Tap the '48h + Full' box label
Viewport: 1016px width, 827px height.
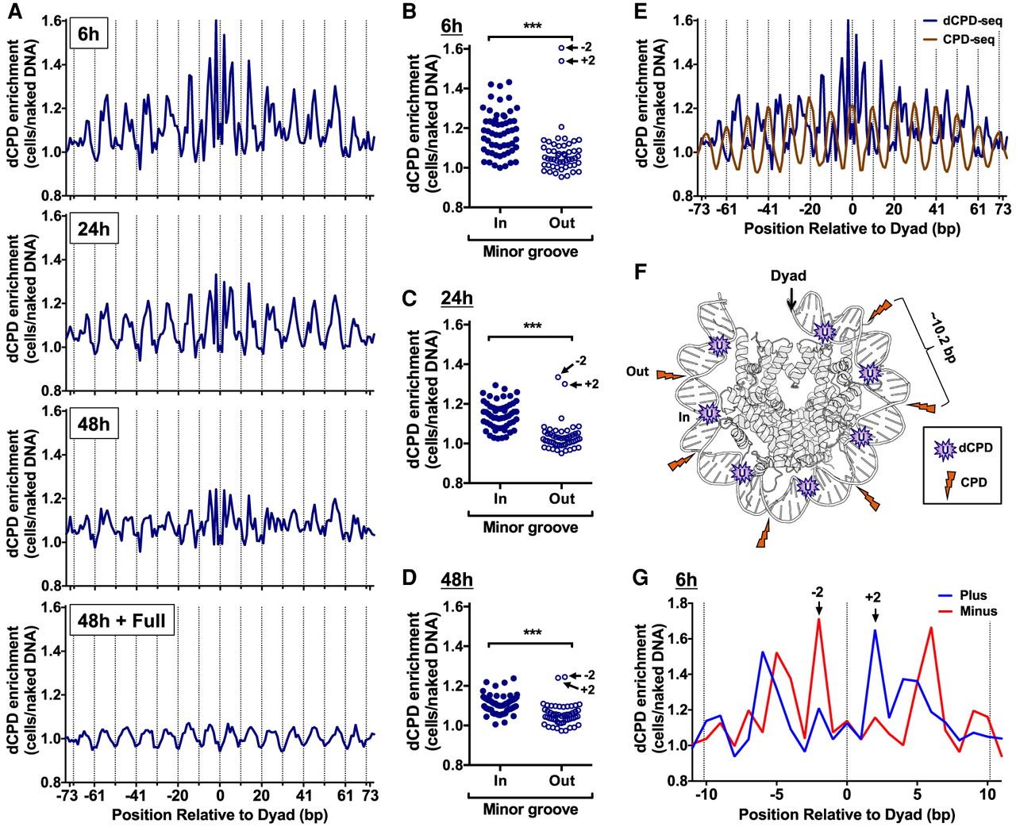122,620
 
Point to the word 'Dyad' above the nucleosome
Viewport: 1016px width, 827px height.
789,275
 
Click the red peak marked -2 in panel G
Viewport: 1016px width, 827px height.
819,619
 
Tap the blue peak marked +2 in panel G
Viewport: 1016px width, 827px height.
876,630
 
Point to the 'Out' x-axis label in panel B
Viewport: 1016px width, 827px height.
561,223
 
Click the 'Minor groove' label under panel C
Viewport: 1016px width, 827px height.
530,527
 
